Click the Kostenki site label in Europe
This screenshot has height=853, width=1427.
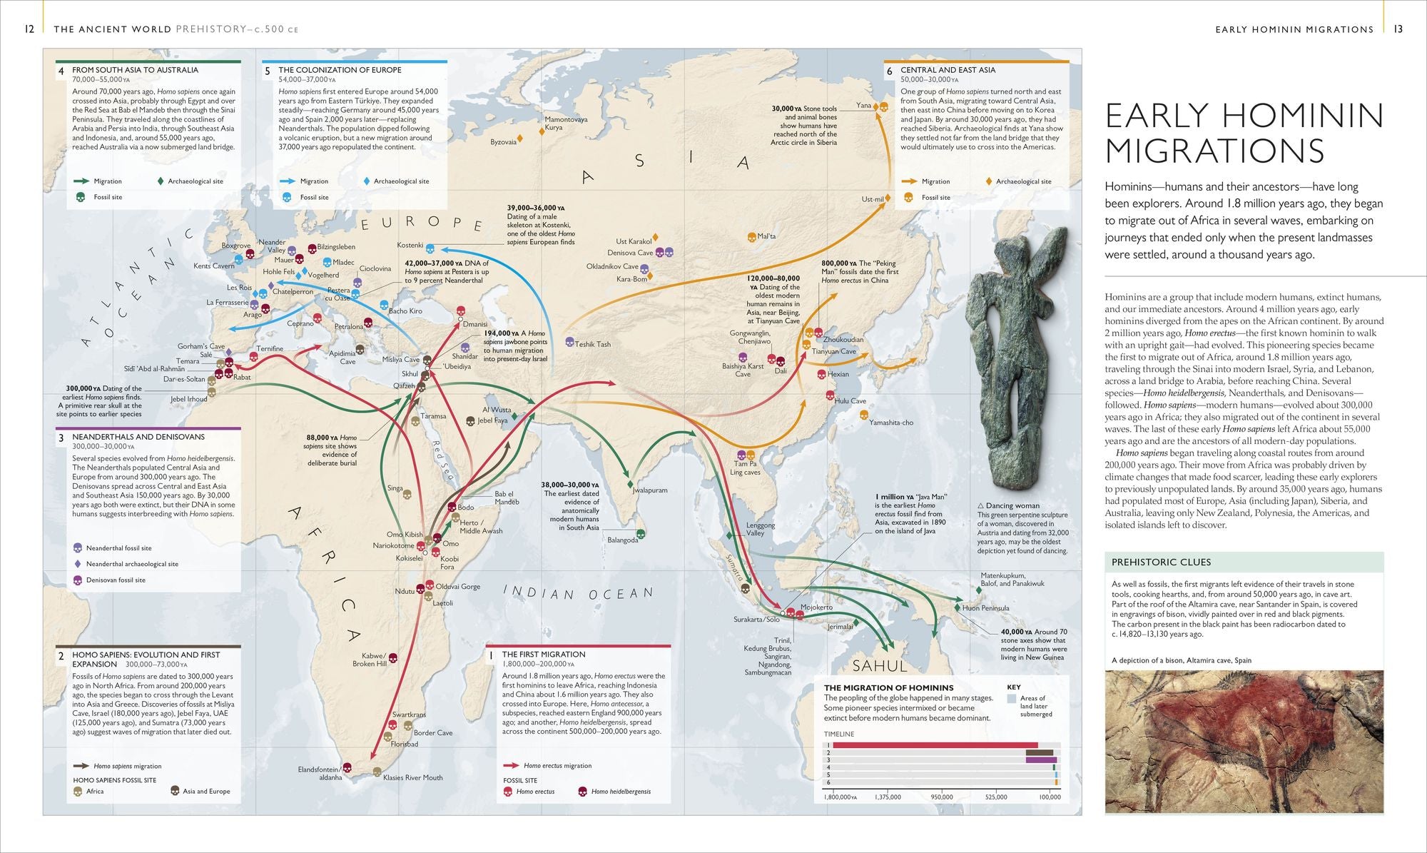pos(410,246)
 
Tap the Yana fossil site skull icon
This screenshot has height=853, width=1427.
pos(883,106)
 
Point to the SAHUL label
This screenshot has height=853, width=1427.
pos(880,666)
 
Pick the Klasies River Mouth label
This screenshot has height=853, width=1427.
pos(412,777)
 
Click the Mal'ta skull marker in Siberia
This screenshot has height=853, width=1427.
pos(751,236)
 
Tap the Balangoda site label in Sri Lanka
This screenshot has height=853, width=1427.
pos(622,540)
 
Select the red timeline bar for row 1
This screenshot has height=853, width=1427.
pos(935,745)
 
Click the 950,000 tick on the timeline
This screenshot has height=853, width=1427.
pos(942,797)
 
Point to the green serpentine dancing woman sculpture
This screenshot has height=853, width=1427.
pos(1013,350)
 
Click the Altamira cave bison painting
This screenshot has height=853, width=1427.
pos(1244,740)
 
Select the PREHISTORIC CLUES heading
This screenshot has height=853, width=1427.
pos(1161,562)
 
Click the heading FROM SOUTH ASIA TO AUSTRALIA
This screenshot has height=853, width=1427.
pos(135,70)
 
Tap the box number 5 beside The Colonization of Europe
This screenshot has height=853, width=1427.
pos(268,71)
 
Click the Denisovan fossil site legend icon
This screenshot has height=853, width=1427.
pos(78,580)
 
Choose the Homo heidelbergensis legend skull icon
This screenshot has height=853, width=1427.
pos(582,791)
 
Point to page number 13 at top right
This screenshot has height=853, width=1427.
pos(1398,29)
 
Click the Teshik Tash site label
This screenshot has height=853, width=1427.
pos(593,344)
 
